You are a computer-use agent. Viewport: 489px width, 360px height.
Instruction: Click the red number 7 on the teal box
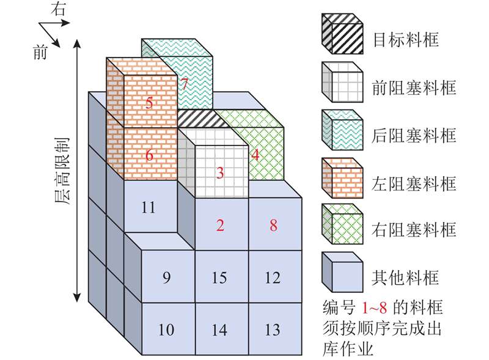(x=184, y=84)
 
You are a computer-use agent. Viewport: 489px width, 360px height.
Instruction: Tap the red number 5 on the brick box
(x=150, y=102)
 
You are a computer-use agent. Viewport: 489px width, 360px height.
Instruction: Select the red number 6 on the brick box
(x=150, y=155)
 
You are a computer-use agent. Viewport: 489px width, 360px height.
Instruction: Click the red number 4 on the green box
(x=255, y=155)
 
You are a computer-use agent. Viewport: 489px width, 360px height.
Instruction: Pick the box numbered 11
(x=149, y=207)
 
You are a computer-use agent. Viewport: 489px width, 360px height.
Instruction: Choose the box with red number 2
(x=221, y=225)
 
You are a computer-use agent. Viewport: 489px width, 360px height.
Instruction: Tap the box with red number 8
(x=273, y=225)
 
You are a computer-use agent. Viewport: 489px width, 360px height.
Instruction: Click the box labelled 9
(x=167, y=278)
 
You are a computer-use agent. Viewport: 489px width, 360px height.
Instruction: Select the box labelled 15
(x=219, y=278)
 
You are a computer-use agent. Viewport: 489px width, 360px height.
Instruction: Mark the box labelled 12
(x=273, y=278)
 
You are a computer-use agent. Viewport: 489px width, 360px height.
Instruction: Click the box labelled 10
(x=166, y=331)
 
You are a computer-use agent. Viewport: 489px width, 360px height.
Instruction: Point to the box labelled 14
(x=219, y=331)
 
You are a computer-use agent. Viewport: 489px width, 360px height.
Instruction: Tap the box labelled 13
(x=273, y=331)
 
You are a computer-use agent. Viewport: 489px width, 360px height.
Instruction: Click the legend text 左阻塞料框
(x=414, y=183)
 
